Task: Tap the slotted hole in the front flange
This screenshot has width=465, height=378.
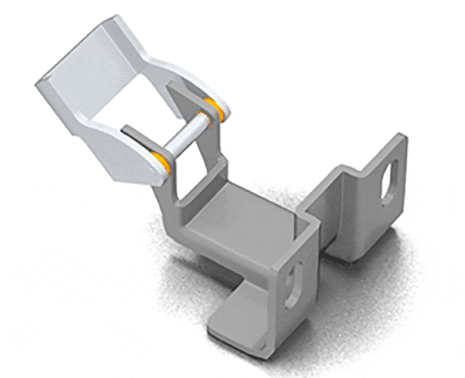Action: [290, 276]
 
